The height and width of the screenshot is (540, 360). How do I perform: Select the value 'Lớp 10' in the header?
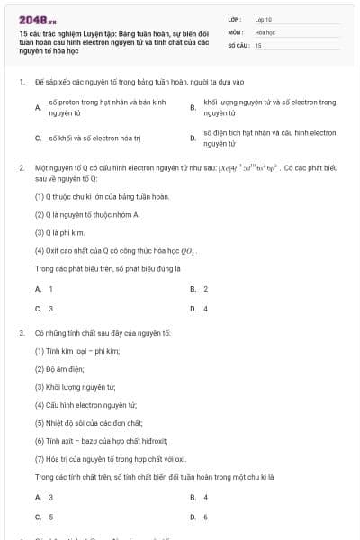[263, 18]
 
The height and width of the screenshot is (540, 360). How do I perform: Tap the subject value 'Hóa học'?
[264, 31]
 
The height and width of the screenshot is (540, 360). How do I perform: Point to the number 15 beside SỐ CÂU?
[258, 44]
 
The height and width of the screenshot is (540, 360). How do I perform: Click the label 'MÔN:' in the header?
[236, 31]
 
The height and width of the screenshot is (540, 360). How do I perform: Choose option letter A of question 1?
[37, 108]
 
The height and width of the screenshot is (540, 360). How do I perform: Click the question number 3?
[21, 333]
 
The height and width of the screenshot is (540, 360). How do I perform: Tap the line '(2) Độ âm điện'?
[59, 368]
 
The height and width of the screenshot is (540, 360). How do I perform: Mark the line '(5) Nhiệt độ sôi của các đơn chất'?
[89, 421]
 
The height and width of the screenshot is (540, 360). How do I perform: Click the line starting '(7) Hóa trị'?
[110, 457]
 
